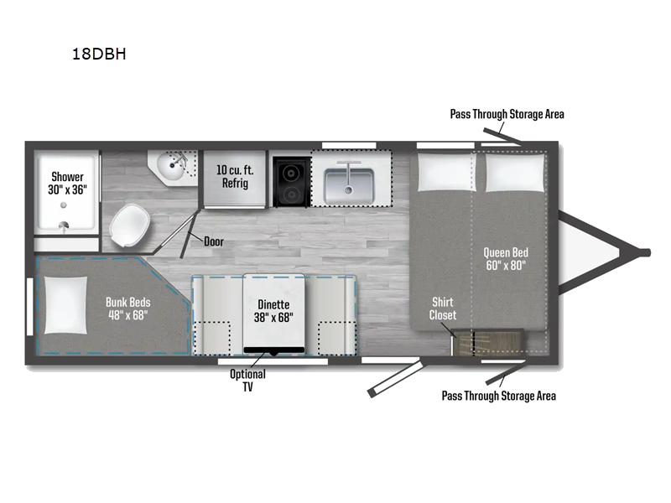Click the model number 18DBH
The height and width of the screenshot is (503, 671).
(99, 56)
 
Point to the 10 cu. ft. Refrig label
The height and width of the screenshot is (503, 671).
(235, 177)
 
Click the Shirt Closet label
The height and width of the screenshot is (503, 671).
(443, 309)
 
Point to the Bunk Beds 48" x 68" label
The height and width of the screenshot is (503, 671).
(129, 308)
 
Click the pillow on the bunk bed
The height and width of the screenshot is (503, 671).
(65, 305)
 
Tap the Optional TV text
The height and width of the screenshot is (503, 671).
(248, 381)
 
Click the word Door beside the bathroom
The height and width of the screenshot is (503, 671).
(215, 241)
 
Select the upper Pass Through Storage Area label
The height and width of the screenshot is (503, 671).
(507, 114)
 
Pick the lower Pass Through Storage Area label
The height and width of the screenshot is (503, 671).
(498, 396)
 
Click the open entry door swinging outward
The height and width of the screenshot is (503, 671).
(393, 379)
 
